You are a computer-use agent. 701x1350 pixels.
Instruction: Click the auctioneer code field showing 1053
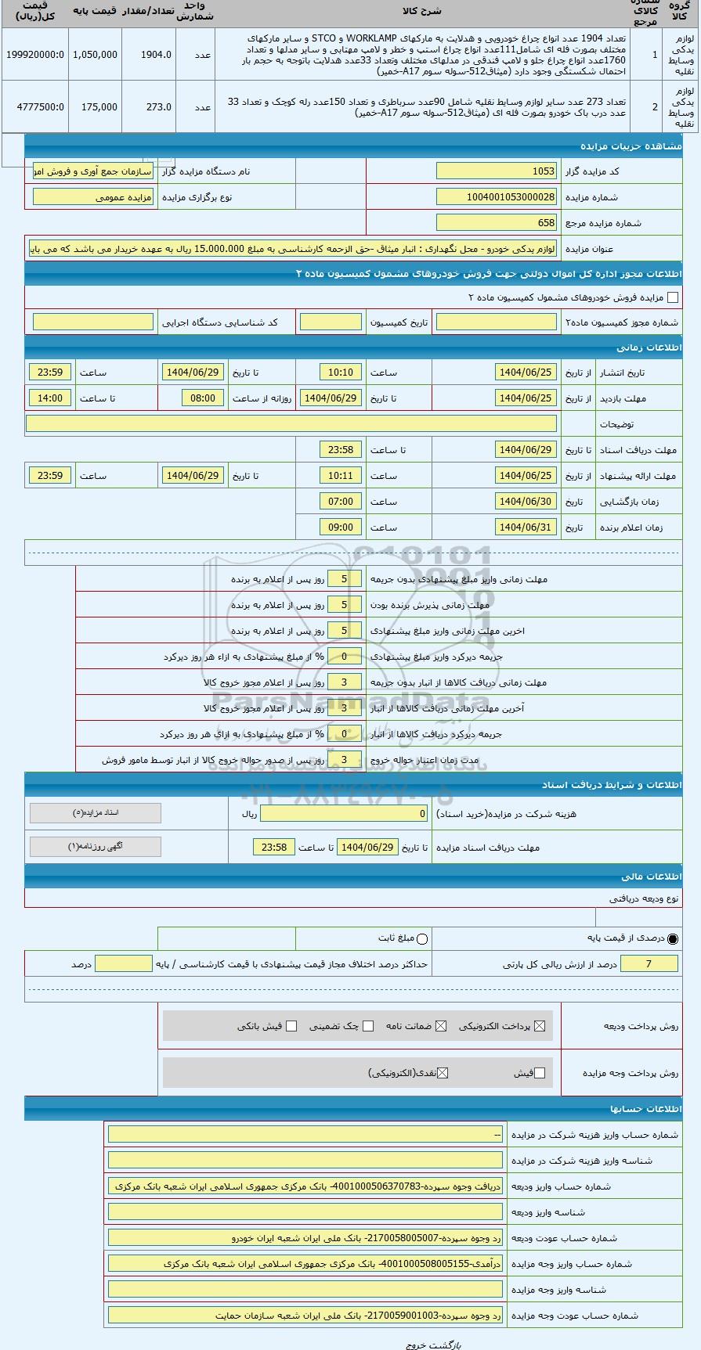[x=496, y=171]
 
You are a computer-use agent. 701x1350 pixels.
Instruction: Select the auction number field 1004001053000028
[x=496, y=197]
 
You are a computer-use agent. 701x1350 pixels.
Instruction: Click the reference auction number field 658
[x=496, y=223]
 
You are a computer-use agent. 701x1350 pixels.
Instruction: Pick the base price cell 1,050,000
[x=95, y=55]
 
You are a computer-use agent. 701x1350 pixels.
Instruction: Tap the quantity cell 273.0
[x=149, y=107]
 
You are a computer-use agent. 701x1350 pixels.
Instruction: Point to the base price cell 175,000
[x=95, y=107]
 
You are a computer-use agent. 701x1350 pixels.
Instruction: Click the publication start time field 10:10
[x=341, y=373]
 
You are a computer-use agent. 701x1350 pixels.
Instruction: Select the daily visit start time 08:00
[x=203, y=398]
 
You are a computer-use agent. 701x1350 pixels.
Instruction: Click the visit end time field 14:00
[x=50, y=398]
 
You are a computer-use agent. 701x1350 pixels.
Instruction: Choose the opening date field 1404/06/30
[x=526, y=502]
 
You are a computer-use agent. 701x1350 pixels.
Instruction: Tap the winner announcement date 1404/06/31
[x=526, y=527]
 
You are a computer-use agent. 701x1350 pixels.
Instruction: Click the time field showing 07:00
[x=341, y=502]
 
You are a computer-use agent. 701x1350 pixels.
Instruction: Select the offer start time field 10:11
[x=341, y=476]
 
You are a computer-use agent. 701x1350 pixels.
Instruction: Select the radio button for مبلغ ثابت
[x=423, y=938]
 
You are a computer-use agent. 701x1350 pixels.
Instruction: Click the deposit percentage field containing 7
[x=649, y=964]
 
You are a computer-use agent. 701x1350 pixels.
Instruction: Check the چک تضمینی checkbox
[x=368, y=1026]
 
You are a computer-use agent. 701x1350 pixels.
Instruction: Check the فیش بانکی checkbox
[x=291, y=1026]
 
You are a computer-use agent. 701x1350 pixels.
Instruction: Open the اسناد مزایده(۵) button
[x=96, y=813]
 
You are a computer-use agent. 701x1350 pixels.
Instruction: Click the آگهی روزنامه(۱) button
[x=96, y=847]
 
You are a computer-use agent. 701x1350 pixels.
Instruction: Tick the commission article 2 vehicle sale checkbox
[x=672, y=297]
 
